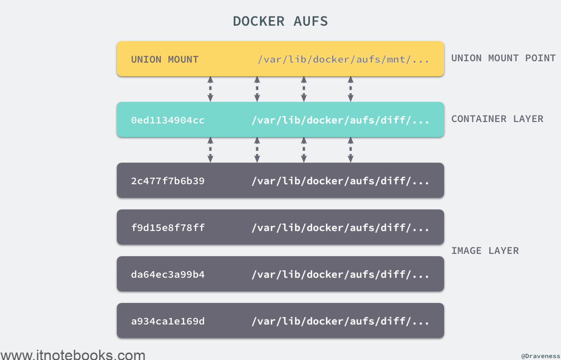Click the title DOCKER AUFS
coord(280,21)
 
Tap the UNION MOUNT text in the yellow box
coord(165,60)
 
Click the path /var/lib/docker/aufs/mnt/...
coord(343,60)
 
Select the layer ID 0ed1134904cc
coord(168,120)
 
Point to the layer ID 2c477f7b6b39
coord(168,181)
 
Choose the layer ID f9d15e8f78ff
coord(168,228)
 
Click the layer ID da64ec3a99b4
coord(168,274)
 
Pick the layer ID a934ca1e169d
coord(168,321)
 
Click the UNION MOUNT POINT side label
coord(503,58)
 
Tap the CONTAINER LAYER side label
coord(497,119)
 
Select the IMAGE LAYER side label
coord(485,251)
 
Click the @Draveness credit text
coord(540,356)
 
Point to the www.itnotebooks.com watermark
coord(73,355)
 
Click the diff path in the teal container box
coord(340,120)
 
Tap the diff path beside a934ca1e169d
coord(340,321)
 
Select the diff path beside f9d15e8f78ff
coord(340,228)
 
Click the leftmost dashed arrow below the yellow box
coord(210,89)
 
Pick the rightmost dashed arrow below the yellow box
coord(351,89)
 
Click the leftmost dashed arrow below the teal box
coord(210,150)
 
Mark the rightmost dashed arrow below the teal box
coord(351,150)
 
